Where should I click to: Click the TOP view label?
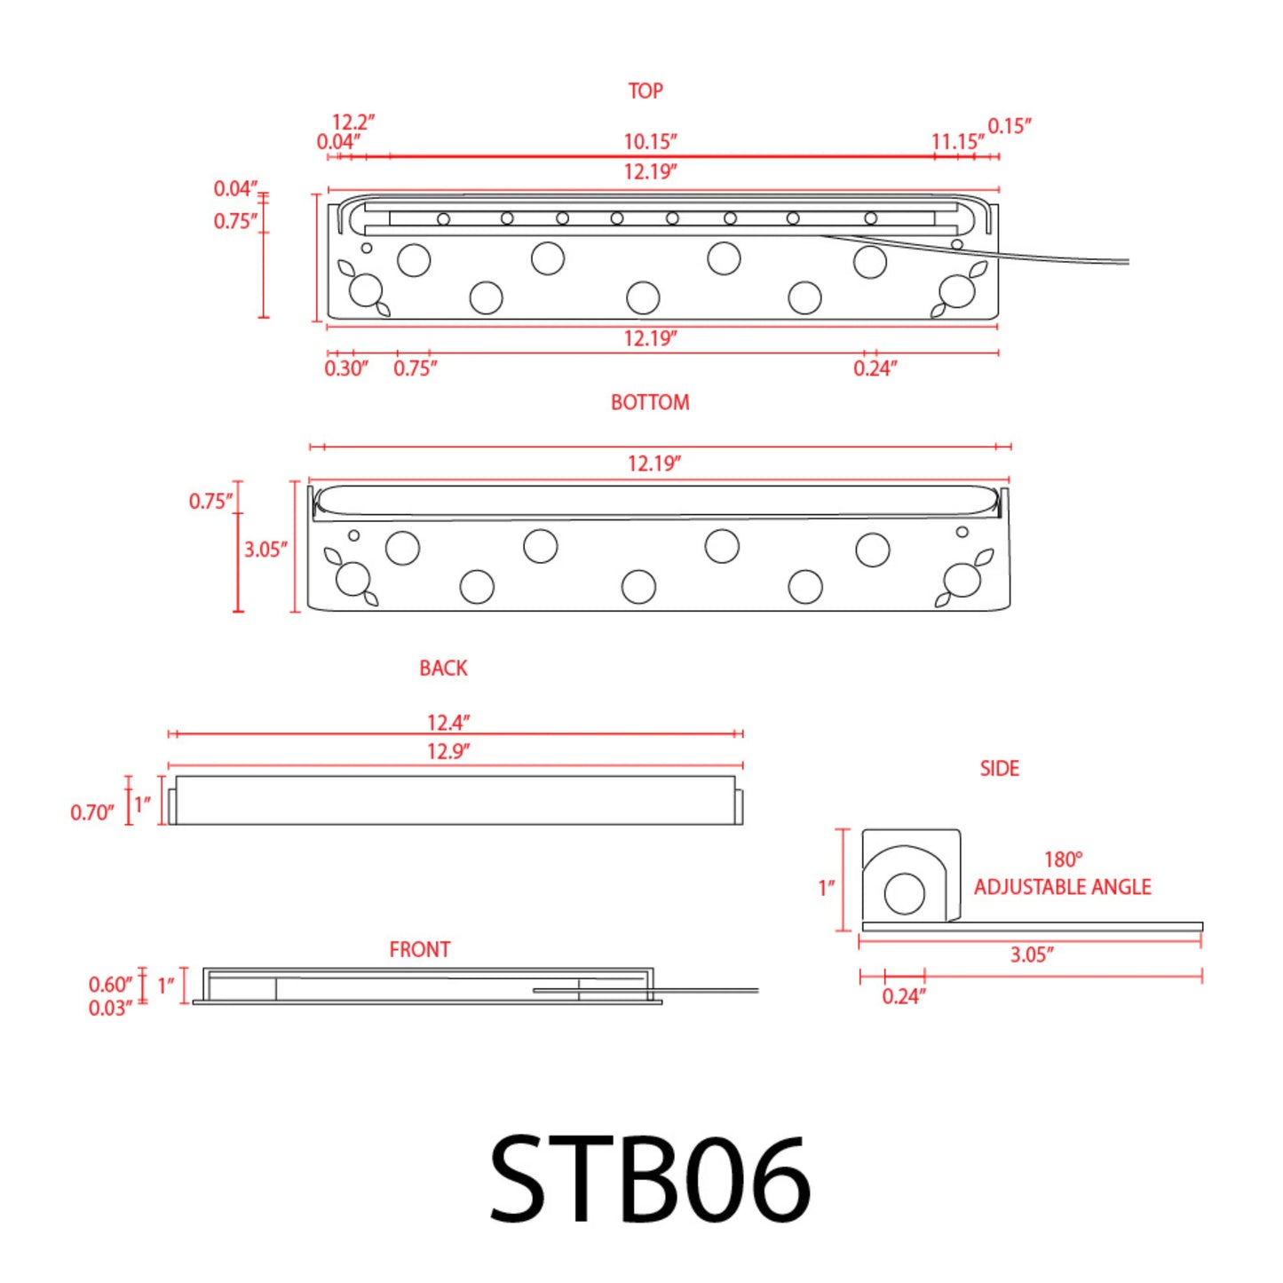[645, 91]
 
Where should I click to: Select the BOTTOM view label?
[650, 402]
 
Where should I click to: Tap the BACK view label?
[443, 668]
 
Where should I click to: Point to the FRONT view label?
[420, 949]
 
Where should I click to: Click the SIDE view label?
[999, 768]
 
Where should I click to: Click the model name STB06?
[650, 1179]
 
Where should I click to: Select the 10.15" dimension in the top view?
[650, 142]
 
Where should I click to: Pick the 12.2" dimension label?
[353, 122]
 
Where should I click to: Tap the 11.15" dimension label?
[957, 142]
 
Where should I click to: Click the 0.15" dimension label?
[1010, 126]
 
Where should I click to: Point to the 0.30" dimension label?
[345, 368]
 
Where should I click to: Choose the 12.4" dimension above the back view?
[448, 723]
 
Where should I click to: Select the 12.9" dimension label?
[448, 751]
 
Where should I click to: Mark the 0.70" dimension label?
[92, 812]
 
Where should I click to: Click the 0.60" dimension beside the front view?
[110, 985]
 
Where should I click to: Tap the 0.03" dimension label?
[110, 1009]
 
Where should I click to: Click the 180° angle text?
[1063, 859]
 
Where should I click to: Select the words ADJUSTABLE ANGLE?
[1062, 887]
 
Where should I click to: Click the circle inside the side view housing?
[905, 893]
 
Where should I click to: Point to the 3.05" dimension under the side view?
[1032, 955]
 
